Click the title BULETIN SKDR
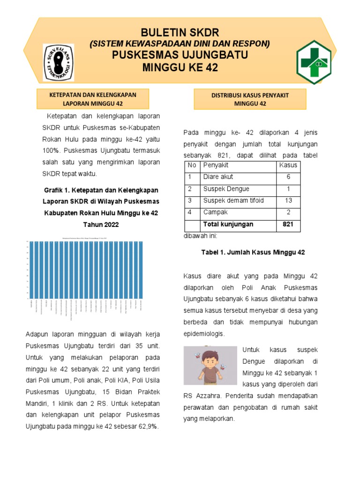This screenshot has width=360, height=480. pyautogui.click(x=180, y=32)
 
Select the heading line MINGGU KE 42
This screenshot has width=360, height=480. pyautogui.click(x=180, y=68)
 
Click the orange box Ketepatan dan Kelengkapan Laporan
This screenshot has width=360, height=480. pyautogui.click(x=93, y=99)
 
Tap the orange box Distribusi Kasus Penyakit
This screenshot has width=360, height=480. pyautogui.click(x=250, y=99)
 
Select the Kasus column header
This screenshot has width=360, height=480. pyautogui.click(x=288, y=165)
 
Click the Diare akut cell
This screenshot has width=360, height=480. pyautogui.click(x=218, y=177)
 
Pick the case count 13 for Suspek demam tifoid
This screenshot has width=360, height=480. pyautogui.click(x=288, y=201)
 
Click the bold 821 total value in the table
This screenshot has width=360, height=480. pyautogui.click(x=288, y=225)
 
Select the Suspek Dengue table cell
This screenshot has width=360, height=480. pyautogui.click(x=226, y=189)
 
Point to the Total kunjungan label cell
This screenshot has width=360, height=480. pyautogui.click(x=228, y=225)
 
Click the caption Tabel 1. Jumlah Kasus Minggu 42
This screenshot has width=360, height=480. pyautogui.click(x=253, y=252)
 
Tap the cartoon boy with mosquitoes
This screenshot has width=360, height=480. pyautogui.click(x=210, y=365)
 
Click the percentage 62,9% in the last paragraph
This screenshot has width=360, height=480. pyautogui.click(x=145, y=427)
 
